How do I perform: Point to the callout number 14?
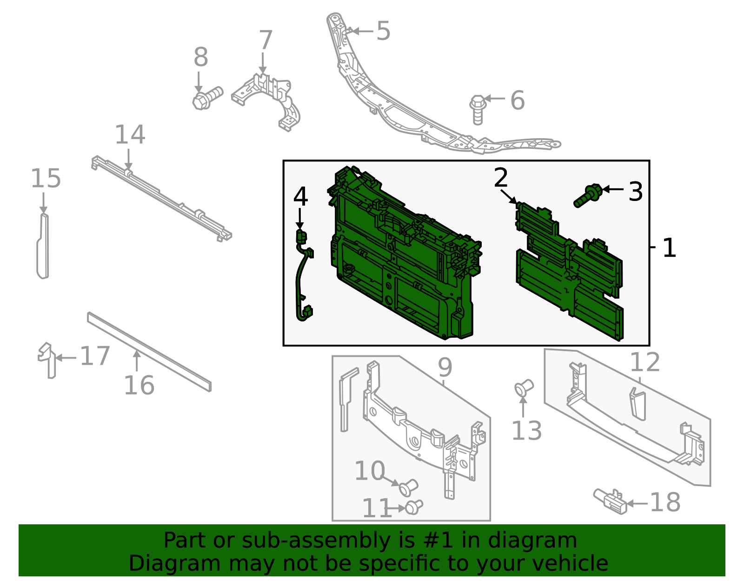[130, 135]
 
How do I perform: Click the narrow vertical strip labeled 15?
[43, 247]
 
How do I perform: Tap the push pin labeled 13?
[524, 387]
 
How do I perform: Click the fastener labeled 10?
[408, 488]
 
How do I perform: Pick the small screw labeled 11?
[413, 507]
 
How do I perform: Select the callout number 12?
[644, 362]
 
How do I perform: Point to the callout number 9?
[445, 367]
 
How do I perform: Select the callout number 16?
[139, 385]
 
